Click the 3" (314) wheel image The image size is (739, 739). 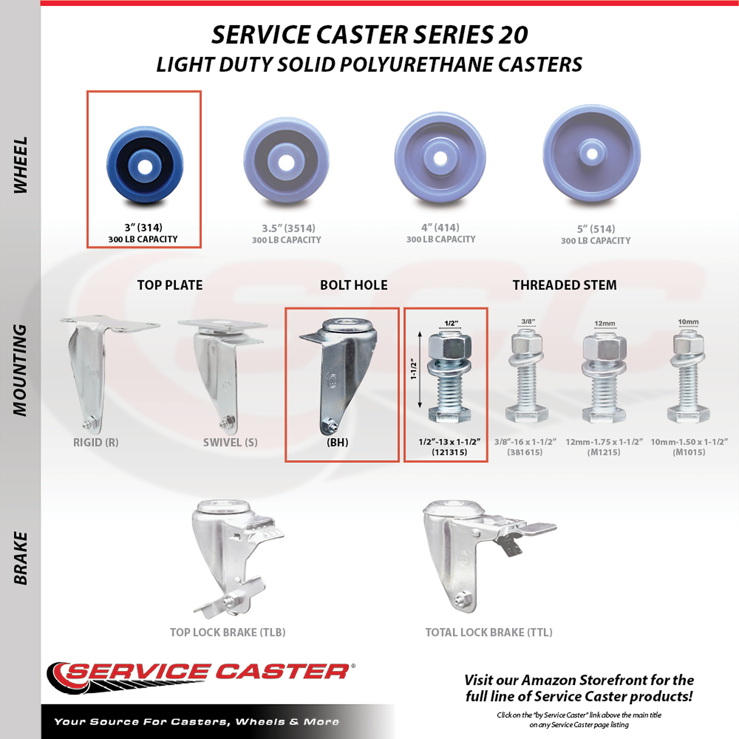pos(145,165)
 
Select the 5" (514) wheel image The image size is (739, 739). pos(592,154)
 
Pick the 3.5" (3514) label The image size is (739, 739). pos(289,228)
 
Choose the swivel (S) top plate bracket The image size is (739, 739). pos(222,377)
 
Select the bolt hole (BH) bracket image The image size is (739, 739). pos(338,377)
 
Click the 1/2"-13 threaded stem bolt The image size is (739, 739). pos(450,377)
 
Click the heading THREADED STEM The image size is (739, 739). pos(565,285)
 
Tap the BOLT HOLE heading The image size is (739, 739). pos(354,285)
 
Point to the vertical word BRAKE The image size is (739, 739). pos(21,558)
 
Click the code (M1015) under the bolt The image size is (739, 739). pos(688,452)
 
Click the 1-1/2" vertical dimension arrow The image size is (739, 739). pos(420,370)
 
